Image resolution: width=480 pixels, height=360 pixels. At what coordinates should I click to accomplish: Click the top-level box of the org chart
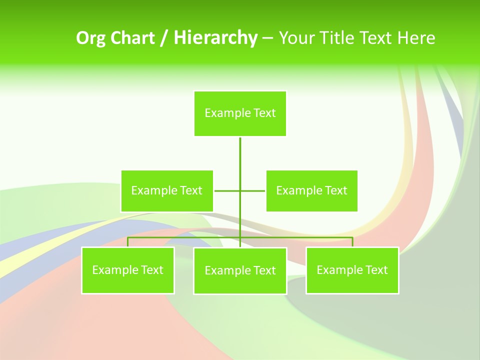click(x=240, y=113)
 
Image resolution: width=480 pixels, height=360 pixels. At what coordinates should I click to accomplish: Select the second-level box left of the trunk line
click(x=167, y=190)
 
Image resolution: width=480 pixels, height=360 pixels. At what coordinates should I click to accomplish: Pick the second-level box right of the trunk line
click(x=311, y=190)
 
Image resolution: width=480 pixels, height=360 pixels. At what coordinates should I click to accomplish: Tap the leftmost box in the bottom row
click(x=128, y=270)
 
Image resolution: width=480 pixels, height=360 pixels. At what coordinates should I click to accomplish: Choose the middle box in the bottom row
click(x=240, y=270)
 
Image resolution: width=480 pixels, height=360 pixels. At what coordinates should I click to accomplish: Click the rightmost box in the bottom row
click(x=352, y=270)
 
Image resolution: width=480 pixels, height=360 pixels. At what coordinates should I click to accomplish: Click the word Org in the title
click(x=90, y=38)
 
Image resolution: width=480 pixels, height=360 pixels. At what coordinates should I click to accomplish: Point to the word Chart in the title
click(x=132, y=38)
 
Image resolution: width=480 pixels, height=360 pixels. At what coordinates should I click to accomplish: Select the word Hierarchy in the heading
click(x=215, y=38)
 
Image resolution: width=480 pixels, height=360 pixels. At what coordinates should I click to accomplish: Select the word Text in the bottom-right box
click(x=376, y=270)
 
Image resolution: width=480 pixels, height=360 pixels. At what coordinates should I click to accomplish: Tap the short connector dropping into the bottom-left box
click(x=128, y=242)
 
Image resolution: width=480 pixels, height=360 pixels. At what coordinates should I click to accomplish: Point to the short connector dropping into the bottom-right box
click(x=352, y=242)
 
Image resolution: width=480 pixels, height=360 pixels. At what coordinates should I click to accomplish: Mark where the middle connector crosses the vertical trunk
click(x=240, y=190)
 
